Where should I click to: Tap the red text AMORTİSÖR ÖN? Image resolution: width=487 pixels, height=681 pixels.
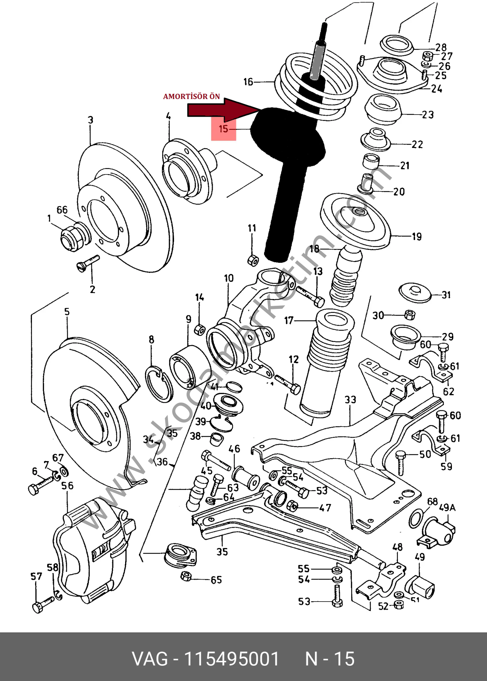pos(191,96)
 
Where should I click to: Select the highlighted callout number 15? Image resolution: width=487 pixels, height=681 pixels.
pos(223,129)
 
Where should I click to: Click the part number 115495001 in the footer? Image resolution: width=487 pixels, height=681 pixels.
pos(232,659)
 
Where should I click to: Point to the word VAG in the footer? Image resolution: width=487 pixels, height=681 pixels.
pos(150,659)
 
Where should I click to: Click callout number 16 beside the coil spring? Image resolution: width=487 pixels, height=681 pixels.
pos(248,82)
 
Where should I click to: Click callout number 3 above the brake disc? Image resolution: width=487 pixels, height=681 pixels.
pos(91,120)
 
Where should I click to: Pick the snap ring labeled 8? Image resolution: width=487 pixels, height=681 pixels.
pos(159,385)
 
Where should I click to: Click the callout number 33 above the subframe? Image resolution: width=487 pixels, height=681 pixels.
pos(351,400)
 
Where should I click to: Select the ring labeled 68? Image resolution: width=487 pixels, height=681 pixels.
pos(416,518)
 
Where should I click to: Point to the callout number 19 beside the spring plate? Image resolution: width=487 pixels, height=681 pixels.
pos(417,237)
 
